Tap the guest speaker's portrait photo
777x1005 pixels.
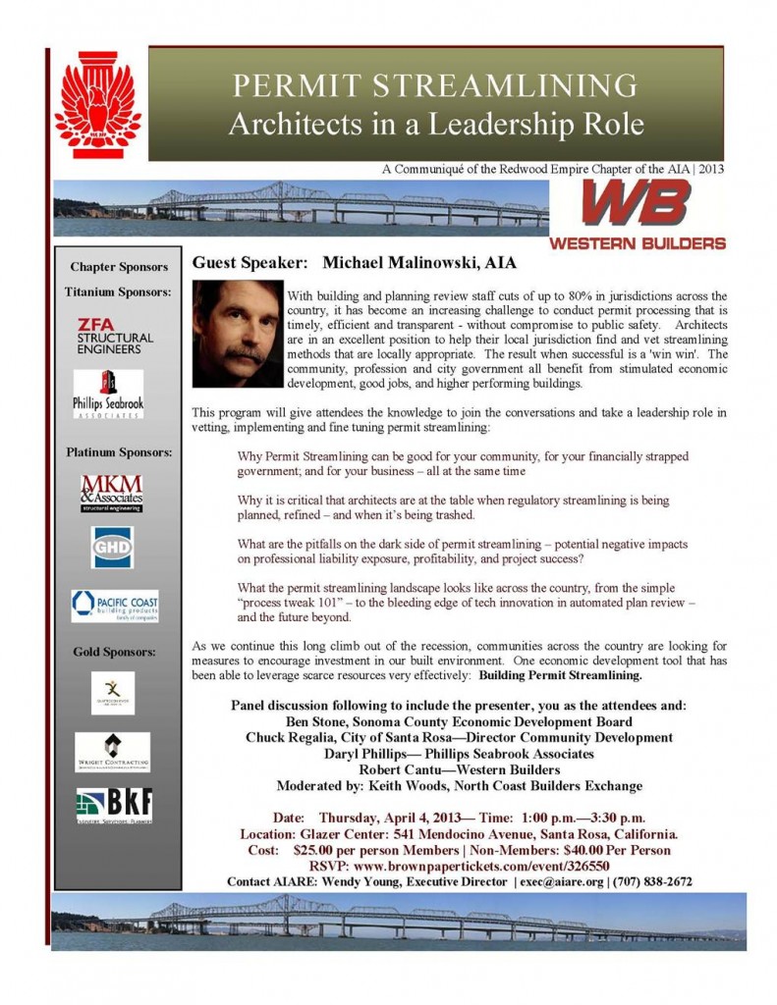tap(236, 335)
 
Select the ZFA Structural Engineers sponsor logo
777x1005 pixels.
tap(116, 336)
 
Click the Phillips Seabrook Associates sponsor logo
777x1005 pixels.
tap(108, 395)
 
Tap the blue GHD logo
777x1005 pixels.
tap(112, 547)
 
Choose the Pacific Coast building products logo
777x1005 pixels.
tap(114, 606)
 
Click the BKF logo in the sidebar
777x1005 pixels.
tap(114, 806)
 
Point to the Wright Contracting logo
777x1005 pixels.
tap(113, 752)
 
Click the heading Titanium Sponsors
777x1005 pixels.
tap(118, 291)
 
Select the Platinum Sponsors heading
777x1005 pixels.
tap(119, 452)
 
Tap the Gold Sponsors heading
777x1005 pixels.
tap(114, 651)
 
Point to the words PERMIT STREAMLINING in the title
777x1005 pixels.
tap(435, 86)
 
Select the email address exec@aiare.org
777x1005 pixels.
tap(562, 881)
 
